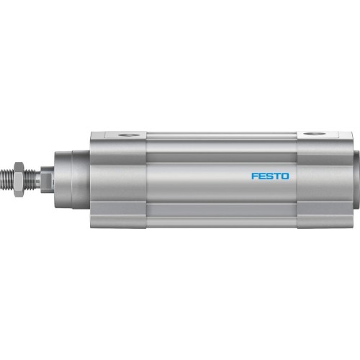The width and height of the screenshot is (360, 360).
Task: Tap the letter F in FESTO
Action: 253,175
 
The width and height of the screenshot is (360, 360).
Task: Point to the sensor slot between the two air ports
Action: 216,135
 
